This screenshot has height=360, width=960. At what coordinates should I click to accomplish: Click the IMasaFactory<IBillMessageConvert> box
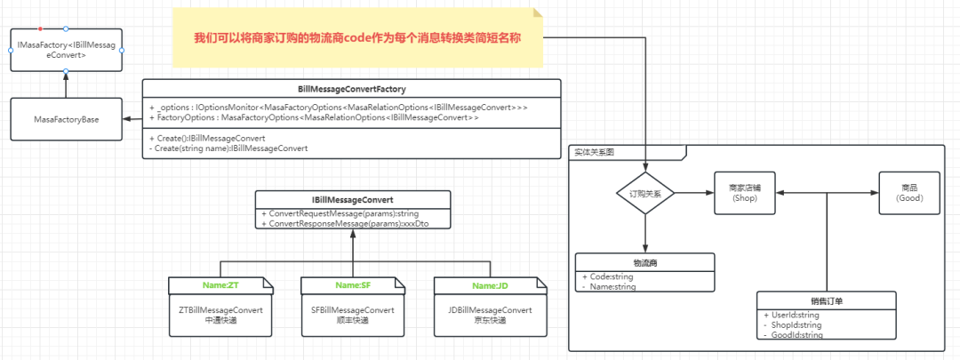tap(66, 50)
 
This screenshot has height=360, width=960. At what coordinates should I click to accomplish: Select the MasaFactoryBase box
tap(66, 118)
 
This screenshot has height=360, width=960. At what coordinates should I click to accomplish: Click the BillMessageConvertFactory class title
tap(352, 89)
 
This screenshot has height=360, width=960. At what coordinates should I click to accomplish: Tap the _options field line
tap(338, 107)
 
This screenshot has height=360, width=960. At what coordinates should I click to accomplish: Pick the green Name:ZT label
tap(220, 284)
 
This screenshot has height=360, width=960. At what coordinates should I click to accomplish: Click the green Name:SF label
tap(352, 284)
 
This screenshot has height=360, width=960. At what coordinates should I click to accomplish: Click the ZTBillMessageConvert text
tap(220, 309)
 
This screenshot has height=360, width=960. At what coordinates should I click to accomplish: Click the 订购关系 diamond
tap(645, 193)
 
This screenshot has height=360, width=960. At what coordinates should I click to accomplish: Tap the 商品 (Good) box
tap(908, 193)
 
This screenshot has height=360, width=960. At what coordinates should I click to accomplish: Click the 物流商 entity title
tap(645, 263)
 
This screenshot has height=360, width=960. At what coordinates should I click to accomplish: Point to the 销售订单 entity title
tap(827, 301)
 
